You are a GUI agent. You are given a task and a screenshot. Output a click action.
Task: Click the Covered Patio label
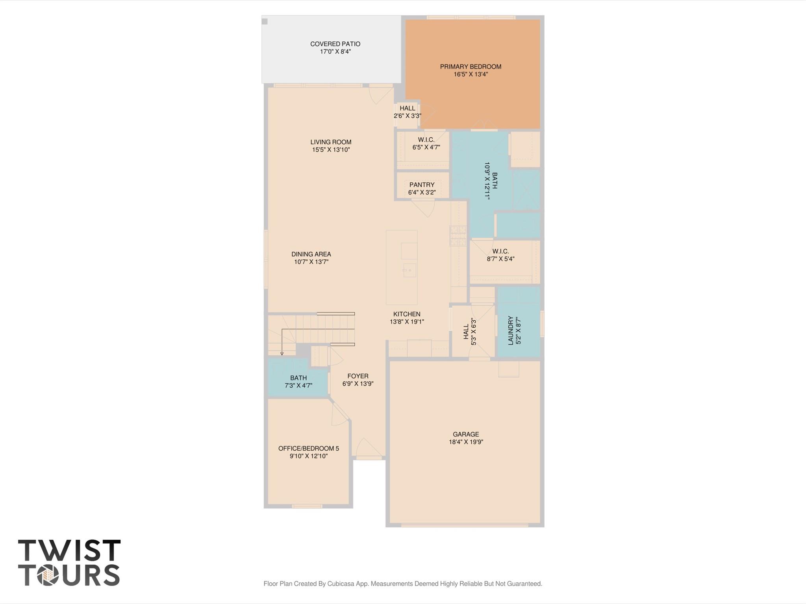pos(335,44)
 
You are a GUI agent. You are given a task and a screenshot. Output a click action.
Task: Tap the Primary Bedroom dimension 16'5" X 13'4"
pos(471,74)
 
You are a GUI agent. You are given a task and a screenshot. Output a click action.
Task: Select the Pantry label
pos(422,185)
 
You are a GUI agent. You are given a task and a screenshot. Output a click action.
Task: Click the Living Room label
pos(331,142)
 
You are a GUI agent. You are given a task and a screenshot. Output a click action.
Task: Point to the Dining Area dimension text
pos(311,262)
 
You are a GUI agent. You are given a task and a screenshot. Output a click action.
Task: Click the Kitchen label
pos(407,314)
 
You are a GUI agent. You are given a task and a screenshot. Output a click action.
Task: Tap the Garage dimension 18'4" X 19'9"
pos(466,442)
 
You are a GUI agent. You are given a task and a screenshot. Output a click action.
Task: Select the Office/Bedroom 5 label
pos(308,448)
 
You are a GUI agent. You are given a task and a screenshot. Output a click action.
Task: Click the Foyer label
pos(358,376)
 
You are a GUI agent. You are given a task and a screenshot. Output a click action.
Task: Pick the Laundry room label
pos(511,331)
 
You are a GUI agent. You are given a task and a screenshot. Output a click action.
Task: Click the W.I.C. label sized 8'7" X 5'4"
pos(500,251)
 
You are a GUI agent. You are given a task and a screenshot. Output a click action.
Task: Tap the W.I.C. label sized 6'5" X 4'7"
pos(426,140)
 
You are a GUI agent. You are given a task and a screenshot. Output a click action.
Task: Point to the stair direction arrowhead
pos(282,353)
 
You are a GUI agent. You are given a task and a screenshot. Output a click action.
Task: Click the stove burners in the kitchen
pos(458,236)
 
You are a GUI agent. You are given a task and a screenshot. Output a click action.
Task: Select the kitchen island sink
pos(409,270)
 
